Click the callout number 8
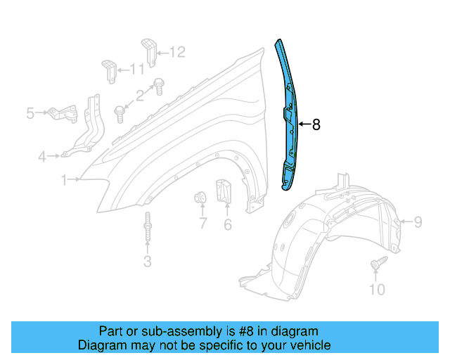tap(316, 124)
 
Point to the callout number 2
tap(140, 94)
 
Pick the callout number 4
tap(43, 156)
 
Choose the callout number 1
tap(64, 180)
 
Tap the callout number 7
tap(202, 224)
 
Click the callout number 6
tap(227, 224)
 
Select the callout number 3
tap(147, 262)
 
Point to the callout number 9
tap(418, 223)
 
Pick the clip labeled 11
tap(109, 70)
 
